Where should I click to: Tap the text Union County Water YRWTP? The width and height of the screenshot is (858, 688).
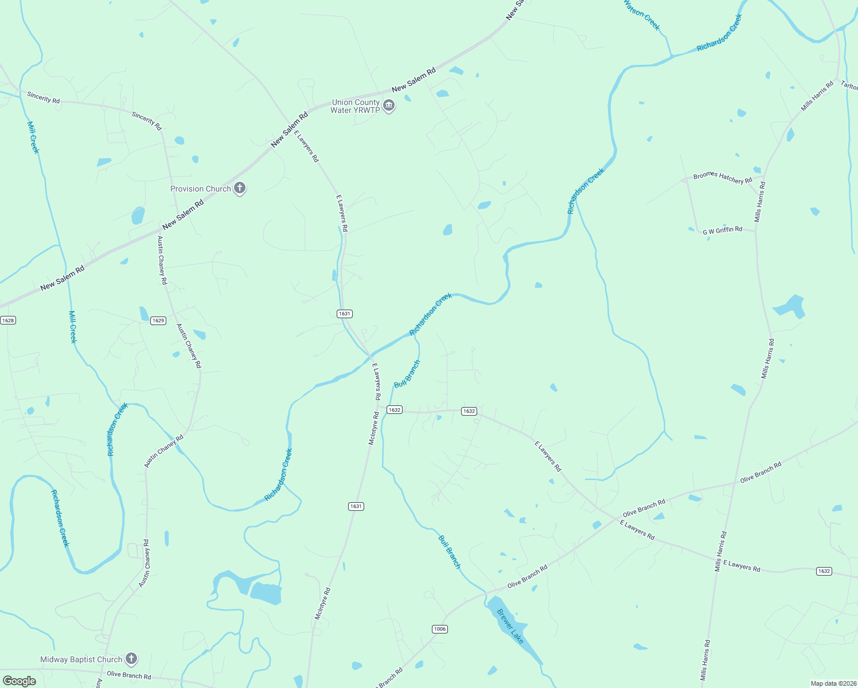(356, 106)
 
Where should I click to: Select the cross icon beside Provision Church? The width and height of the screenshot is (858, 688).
(240, 188)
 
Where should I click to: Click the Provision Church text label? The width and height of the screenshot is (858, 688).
(201, 189)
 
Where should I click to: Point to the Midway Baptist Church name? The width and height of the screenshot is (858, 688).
(81, 659)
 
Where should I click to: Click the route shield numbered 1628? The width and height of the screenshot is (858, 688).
(8, 320)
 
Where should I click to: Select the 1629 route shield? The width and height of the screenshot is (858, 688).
(158, 320)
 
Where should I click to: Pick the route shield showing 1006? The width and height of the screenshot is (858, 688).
(439, 629)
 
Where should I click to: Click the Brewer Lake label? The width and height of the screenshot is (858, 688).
(510, 626)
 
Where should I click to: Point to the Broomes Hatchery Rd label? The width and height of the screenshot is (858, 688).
(722, 178)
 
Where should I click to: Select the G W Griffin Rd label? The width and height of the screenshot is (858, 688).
(723, 230)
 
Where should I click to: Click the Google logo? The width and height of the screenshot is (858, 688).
(19, 681)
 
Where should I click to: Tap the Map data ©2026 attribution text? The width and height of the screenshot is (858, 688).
(833, 683)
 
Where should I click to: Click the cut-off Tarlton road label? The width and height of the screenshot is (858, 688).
(849, 85)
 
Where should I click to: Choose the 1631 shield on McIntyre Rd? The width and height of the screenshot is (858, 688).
(356, 506)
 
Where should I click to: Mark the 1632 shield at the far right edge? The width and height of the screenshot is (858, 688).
(824, 571)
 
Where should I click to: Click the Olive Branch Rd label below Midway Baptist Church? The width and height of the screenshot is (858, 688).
(129, 675)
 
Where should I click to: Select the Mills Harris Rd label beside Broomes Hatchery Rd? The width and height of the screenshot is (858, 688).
(759, 202)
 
